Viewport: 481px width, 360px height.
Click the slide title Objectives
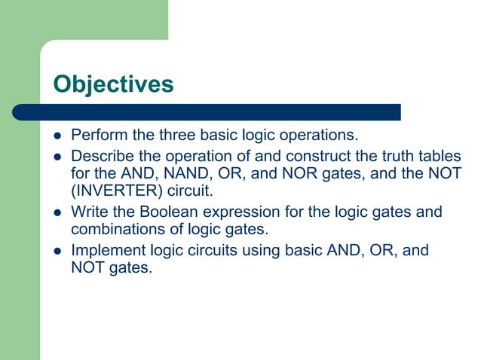click(x=113, y=84)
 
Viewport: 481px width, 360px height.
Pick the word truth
click(x=388, y=156)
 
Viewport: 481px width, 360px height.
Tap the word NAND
click(x=185, y=173)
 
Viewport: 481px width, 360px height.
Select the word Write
click(x=87, y=212)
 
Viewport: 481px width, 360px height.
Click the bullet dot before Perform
click(x=54, y=137)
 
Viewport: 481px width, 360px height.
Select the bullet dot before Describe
click(x=54, y=157)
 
